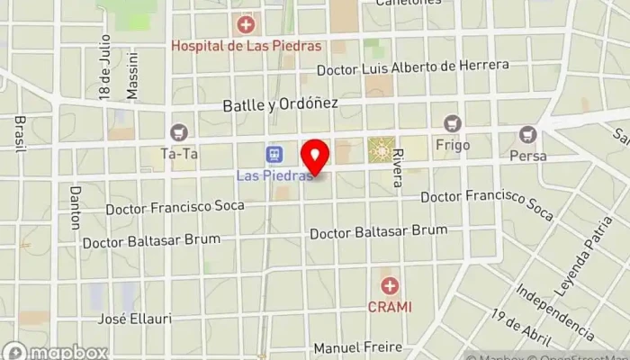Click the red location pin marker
coord(315,158)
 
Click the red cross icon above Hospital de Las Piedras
coord(245,24)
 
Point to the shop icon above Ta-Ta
coord(178,133)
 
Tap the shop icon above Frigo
coord(452,122)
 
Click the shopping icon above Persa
coord(527,135)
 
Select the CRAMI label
coord(389,306)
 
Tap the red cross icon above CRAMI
coord(390,286)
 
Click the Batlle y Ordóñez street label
coord(281,104)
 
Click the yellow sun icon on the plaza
coord(382,149)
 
